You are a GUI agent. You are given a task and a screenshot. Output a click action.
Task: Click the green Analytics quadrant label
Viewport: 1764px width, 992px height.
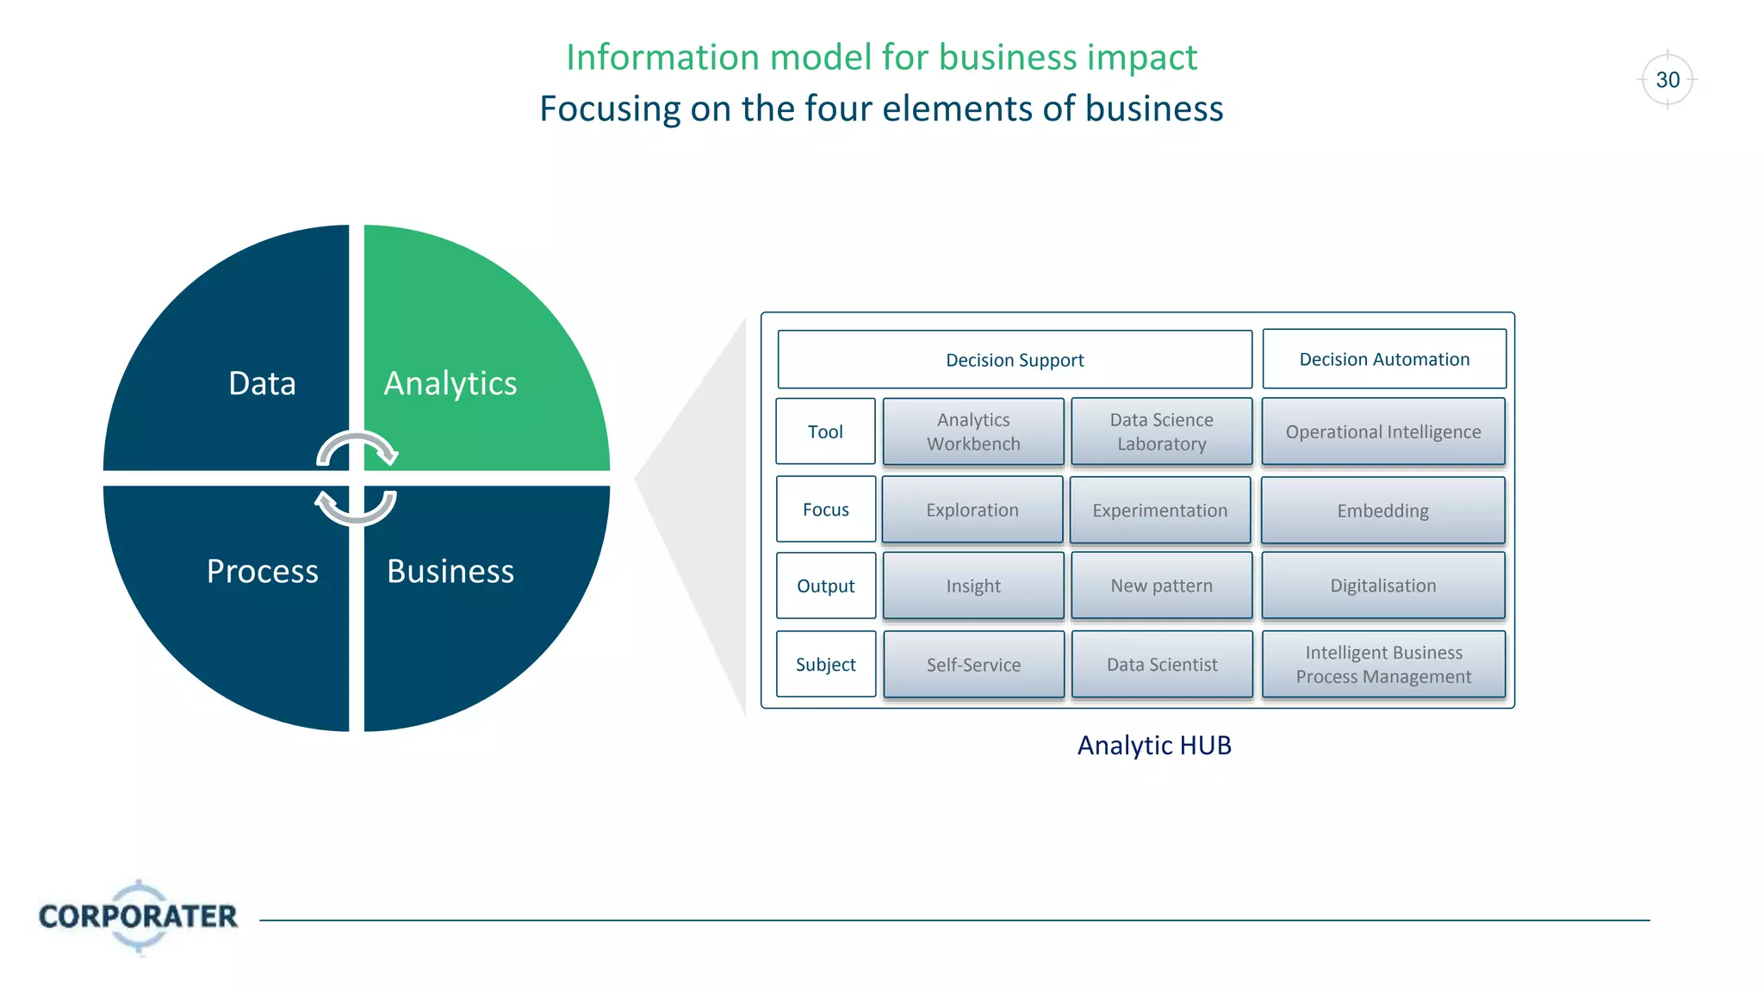450,383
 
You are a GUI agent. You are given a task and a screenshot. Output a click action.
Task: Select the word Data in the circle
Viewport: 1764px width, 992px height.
262,383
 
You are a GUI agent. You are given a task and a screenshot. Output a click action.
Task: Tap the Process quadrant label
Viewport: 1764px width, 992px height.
262,571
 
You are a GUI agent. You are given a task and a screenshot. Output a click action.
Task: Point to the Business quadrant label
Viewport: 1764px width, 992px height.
450,571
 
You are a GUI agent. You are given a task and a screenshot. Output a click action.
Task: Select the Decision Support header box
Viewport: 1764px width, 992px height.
1015,360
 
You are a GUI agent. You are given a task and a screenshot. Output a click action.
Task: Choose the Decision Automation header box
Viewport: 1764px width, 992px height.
1384,359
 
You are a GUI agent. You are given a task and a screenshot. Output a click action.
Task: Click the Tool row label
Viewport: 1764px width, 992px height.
825,431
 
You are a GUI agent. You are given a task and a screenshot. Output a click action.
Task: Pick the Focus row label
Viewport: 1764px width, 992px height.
825,510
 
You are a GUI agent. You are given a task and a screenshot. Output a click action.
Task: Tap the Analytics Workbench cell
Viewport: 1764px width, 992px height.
973,431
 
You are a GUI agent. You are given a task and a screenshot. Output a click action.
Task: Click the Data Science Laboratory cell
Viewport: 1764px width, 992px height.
1161,431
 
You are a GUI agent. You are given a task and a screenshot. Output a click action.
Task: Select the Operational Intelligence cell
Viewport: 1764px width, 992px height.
1383,431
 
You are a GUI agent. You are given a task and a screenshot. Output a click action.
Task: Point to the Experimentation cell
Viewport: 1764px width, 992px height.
1159,510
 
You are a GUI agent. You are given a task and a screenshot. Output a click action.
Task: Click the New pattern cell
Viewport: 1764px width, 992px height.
1161,586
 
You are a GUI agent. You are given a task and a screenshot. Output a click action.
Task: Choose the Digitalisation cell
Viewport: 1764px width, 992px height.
1383,586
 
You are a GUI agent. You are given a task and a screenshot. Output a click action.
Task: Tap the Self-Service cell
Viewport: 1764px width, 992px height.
973,665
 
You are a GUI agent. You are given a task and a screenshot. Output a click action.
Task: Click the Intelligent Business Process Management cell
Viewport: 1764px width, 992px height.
1383,665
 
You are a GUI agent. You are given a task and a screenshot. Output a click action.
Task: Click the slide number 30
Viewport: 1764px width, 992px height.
1668,80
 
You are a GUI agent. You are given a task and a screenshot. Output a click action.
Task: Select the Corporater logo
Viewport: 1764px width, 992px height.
138,916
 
